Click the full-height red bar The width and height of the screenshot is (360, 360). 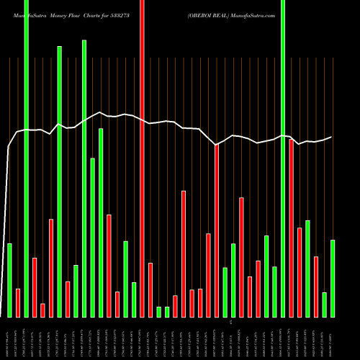click(142, 158)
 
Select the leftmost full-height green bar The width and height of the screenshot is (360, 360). click(27, 158)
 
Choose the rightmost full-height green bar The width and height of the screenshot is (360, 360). click(283, 158)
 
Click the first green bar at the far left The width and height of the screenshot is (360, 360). click(10, 280)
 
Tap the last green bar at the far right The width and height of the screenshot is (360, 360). click(333, 278)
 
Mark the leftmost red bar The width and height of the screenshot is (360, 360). click(18, 302)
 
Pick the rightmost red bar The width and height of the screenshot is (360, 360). click(316, 287)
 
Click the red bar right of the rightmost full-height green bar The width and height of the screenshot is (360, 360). click(292, 228)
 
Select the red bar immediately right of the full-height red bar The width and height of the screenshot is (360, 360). click(150, 289)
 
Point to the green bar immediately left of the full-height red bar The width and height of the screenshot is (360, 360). click(134, 300)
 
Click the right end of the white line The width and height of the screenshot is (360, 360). click(331, 137)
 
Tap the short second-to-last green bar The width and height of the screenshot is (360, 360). click(324, 305)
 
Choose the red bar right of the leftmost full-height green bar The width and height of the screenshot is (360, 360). click(35, 287)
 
